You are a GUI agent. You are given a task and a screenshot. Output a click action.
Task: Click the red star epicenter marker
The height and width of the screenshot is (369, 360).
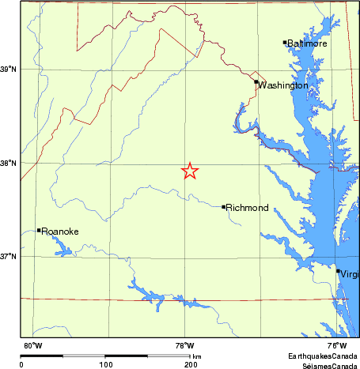pyautogui.click(x=190, y=171)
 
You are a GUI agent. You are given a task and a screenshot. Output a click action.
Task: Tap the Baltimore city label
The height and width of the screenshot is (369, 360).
pyautogui.click(x=307, y=43)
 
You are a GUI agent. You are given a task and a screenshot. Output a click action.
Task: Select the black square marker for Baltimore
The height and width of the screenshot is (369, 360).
pyautogui.click(x=285, y=42)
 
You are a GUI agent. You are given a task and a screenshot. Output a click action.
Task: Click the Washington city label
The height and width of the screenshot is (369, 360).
pyautogui.click(x=283, y=85)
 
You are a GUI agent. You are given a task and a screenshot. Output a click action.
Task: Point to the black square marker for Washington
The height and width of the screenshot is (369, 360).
pyautogui.click(x=256, y=82)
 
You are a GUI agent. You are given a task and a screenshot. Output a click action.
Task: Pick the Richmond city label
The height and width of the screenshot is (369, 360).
pyautogui.click(x=248, y=208)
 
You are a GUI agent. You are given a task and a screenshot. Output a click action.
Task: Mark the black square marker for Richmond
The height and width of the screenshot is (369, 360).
pyautogui.click(x=224, y=207)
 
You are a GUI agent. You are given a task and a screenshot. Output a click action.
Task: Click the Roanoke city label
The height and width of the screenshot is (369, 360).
pyautogui.click(x=60, y=232)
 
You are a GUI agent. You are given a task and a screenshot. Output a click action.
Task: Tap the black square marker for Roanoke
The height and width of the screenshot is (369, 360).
pyautogui.click(x=39, y=230)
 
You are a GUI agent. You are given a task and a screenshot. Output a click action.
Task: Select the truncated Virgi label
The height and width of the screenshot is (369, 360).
pyautogui.click(x=349, y=273)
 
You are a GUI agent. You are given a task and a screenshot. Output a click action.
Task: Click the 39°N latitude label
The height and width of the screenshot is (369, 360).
pyautogui.click(x=9, y=71)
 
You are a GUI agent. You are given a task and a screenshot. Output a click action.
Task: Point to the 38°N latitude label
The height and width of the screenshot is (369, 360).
pyautogui.click(x=9, y=164)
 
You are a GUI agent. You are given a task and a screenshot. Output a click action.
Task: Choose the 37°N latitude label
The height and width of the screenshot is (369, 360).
pyautogui.click(x=9, y=257)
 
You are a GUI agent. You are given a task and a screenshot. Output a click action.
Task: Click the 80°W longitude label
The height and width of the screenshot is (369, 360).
pyautogui.click(x=32, y=346)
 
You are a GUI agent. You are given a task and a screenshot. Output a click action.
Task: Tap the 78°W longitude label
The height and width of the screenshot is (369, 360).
pyautogui.click(x=184, y=346)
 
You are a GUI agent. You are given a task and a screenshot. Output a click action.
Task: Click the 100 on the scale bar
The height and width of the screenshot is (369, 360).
pyautogui.click(x=105, y=364)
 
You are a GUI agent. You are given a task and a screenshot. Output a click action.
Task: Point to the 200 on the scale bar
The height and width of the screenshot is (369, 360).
pyautogui.click(x=190, y=364)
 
